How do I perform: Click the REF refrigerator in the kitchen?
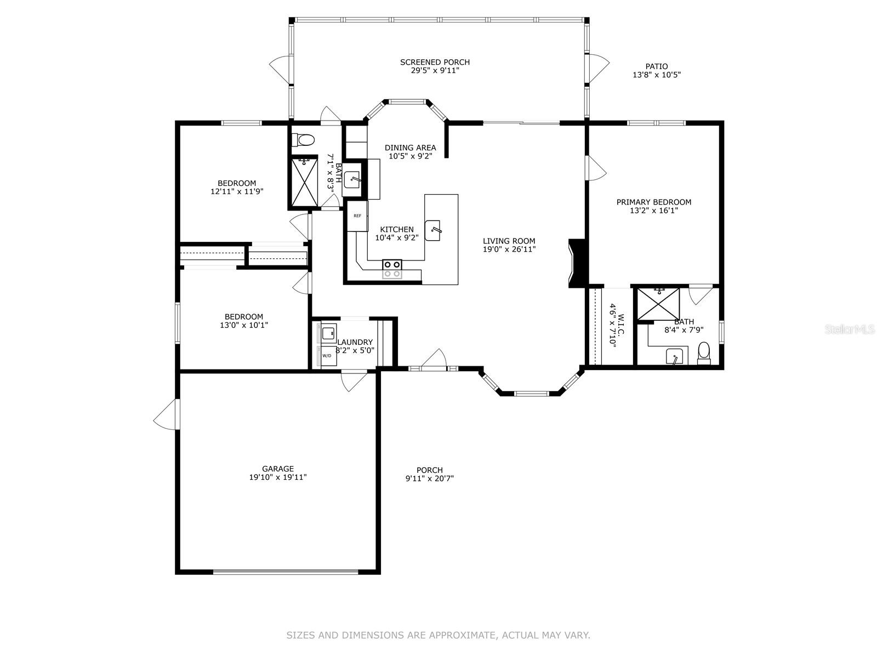[357, 215]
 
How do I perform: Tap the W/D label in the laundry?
[327, 355]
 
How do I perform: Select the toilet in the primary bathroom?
[704, 353]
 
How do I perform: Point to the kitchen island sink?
[432, 230]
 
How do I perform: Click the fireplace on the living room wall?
[577, 263]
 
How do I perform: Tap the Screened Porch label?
[435, 62]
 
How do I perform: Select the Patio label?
[657, 66]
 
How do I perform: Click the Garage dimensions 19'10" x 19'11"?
[278, 477]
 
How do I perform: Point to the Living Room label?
[509, 241]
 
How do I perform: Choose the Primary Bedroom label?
[654, 202]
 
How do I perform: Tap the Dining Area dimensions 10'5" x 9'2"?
[411, 156]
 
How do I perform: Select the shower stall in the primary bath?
[658, 304]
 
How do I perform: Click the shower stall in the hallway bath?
[304, 183]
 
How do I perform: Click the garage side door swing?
[166, 415]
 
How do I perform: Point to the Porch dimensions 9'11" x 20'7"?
[430, 478]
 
